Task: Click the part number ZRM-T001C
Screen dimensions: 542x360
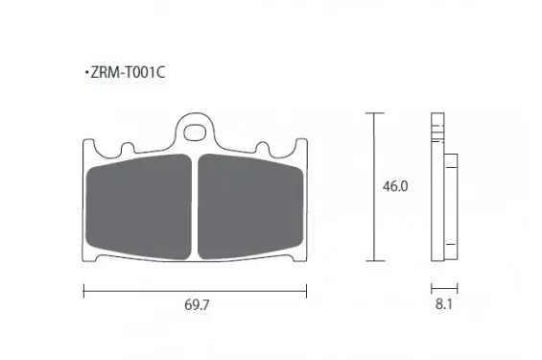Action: pyautogui.click(x=128, y=73)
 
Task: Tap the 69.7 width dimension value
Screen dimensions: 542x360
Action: pyautogui.click(x=197, y=305)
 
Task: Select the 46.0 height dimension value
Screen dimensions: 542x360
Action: pyautogui.click(x=395, y=186)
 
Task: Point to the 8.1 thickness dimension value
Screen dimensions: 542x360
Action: pyautogui.click(x=444, y=304)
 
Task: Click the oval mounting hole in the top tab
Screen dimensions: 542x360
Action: pyautogui.click(x=195, y=132)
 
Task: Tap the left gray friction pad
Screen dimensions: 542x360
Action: pyautogui.click(x=138, y=206)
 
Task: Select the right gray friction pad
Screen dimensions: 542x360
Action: pyautogui.click(x=250, y=206)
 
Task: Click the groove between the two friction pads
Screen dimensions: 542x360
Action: pyautogui.click(x=195, y=207)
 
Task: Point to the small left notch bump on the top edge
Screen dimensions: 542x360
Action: pyautogui.click(x=128, y=147)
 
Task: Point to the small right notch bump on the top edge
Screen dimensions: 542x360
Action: pyautogui.click(x=262, y=147)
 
